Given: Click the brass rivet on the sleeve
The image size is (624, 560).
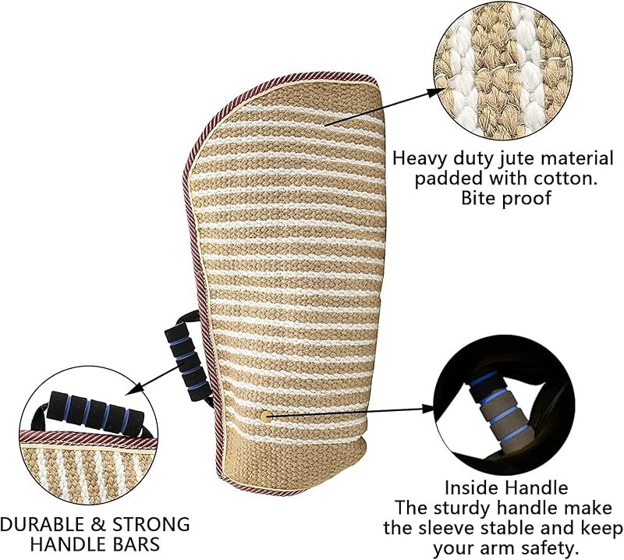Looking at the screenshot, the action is tap(266, 416).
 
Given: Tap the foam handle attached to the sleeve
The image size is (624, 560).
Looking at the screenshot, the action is tap(187, 362).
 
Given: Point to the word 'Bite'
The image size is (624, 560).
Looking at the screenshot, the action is tap(478, 197).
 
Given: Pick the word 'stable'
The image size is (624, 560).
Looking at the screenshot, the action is tap(509, 528).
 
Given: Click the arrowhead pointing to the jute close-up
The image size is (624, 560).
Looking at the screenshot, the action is tap(437, 92).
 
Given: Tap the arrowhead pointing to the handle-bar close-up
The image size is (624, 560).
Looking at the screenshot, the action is tap(133, 389).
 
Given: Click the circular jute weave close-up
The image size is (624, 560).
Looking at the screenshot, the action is tap(502, 70).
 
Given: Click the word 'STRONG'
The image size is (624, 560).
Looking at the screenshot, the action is tap(151, 524).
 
